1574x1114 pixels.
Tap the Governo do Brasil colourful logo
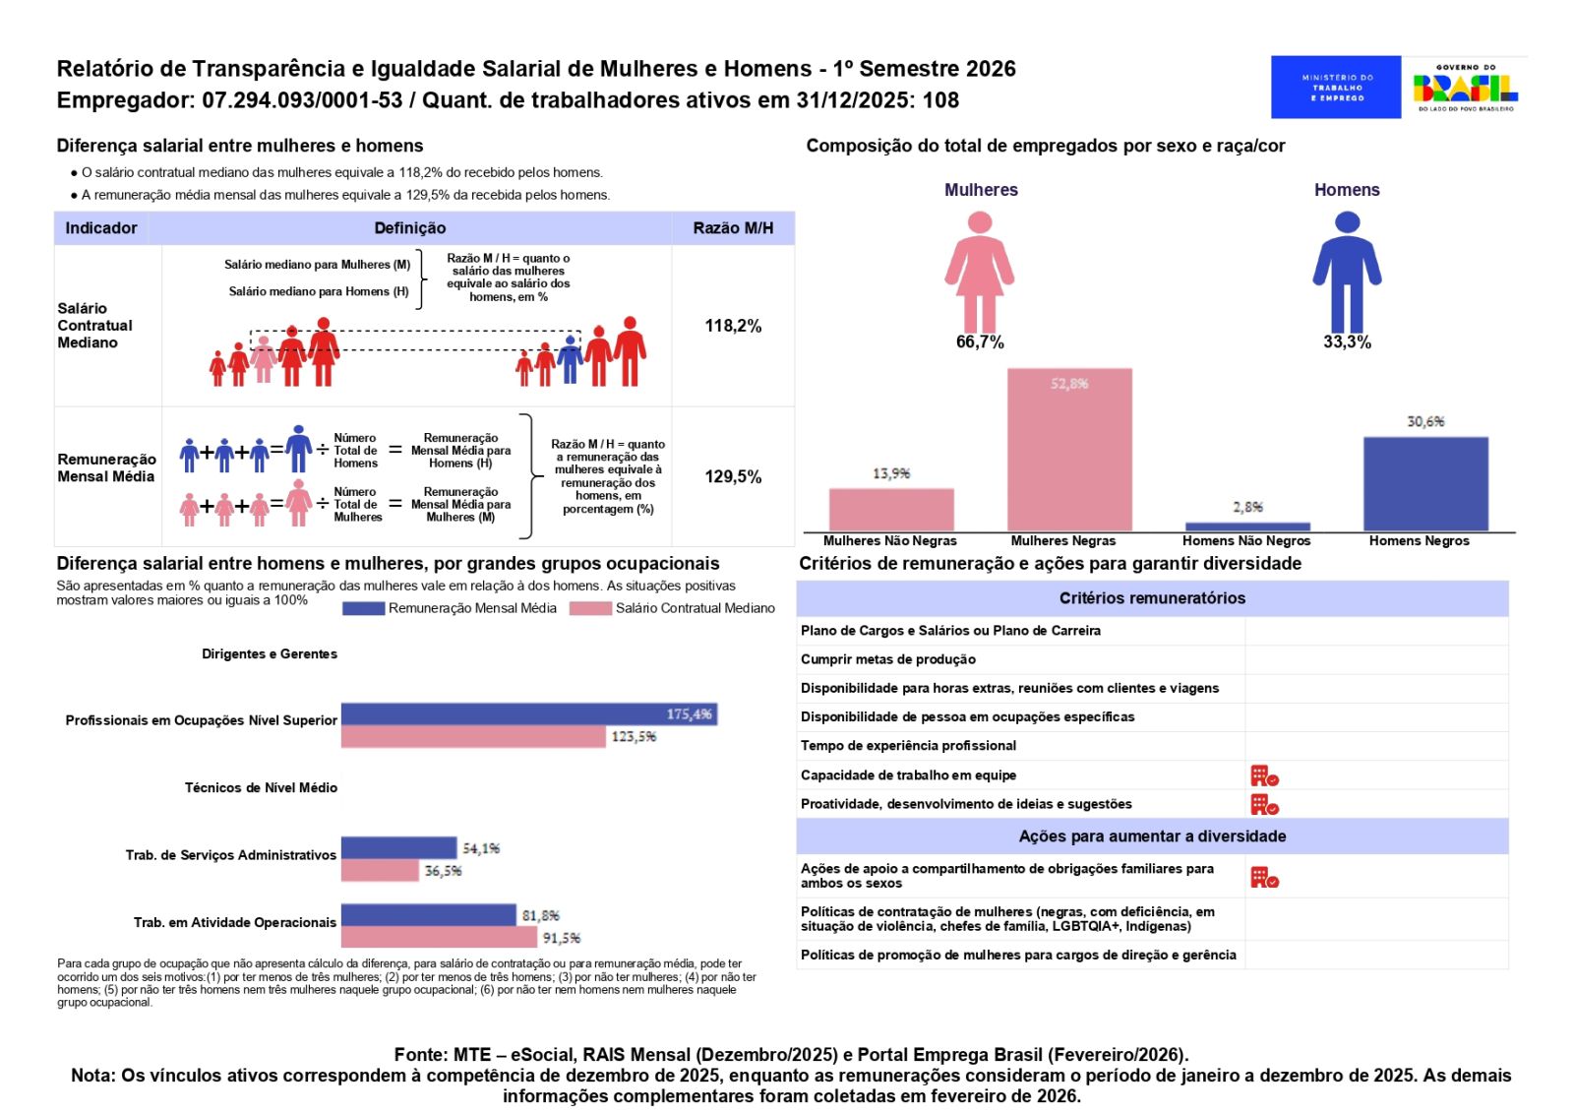(x=1465, y=88)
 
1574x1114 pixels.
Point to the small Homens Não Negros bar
(x=1247, y=526)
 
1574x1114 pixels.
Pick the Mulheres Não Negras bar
(x=891, y=510)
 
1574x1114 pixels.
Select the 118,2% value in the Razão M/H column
(x=733, y=326)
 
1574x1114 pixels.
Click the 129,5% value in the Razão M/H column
(x=733, y=476)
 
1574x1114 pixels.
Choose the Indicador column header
(x=101, y=228)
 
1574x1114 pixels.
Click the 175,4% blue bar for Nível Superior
(x=528, y=713)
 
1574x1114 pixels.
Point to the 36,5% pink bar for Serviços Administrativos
(x=380, y=871)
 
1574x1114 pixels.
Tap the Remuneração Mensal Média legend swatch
(x=363, y=608)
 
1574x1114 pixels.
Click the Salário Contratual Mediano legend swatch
(x=590, y=608)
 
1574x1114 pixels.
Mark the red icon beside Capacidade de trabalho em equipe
(x=1264, y=775)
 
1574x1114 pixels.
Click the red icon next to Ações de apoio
(x=1264, y=877)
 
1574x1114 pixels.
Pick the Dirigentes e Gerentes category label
(x=270, y=653)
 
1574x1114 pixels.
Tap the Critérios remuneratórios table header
(x=1152, y=598)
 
